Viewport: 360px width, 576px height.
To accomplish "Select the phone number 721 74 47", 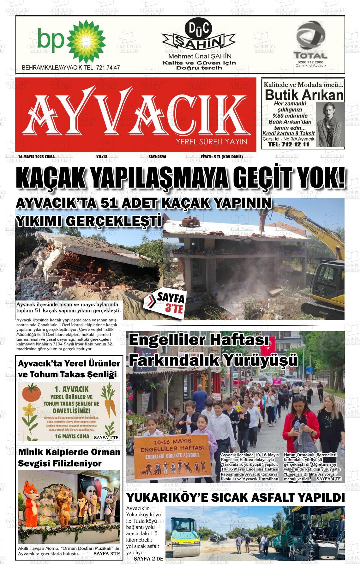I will coord(108,68).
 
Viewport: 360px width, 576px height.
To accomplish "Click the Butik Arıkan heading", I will coord(303,95).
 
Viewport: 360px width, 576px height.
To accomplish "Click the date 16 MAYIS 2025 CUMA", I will coord(36,157).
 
